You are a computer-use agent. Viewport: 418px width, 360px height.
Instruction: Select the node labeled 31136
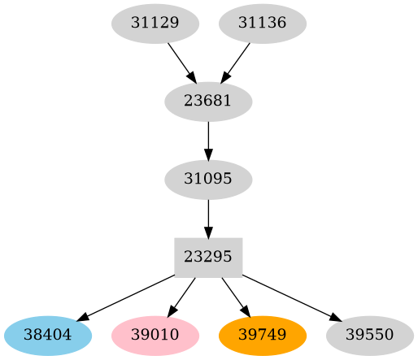[x=263, y=23]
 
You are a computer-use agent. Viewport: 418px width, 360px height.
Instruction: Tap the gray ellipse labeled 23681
[x=208, y=102]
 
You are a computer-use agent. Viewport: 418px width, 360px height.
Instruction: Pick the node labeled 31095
[x=208, y=179]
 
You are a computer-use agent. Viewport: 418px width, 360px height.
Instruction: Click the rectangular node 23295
[x=208, y=257]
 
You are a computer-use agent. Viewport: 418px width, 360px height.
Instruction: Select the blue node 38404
[x=48, y=335]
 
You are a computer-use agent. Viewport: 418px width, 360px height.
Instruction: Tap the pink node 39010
[x=155, y=335]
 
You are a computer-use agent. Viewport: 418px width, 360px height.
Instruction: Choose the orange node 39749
[x=263, y=335]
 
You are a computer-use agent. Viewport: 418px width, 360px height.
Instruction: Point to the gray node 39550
[x=370, y=335]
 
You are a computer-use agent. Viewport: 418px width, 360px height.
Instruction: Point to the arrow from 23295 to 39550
[x=289, y=296]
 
